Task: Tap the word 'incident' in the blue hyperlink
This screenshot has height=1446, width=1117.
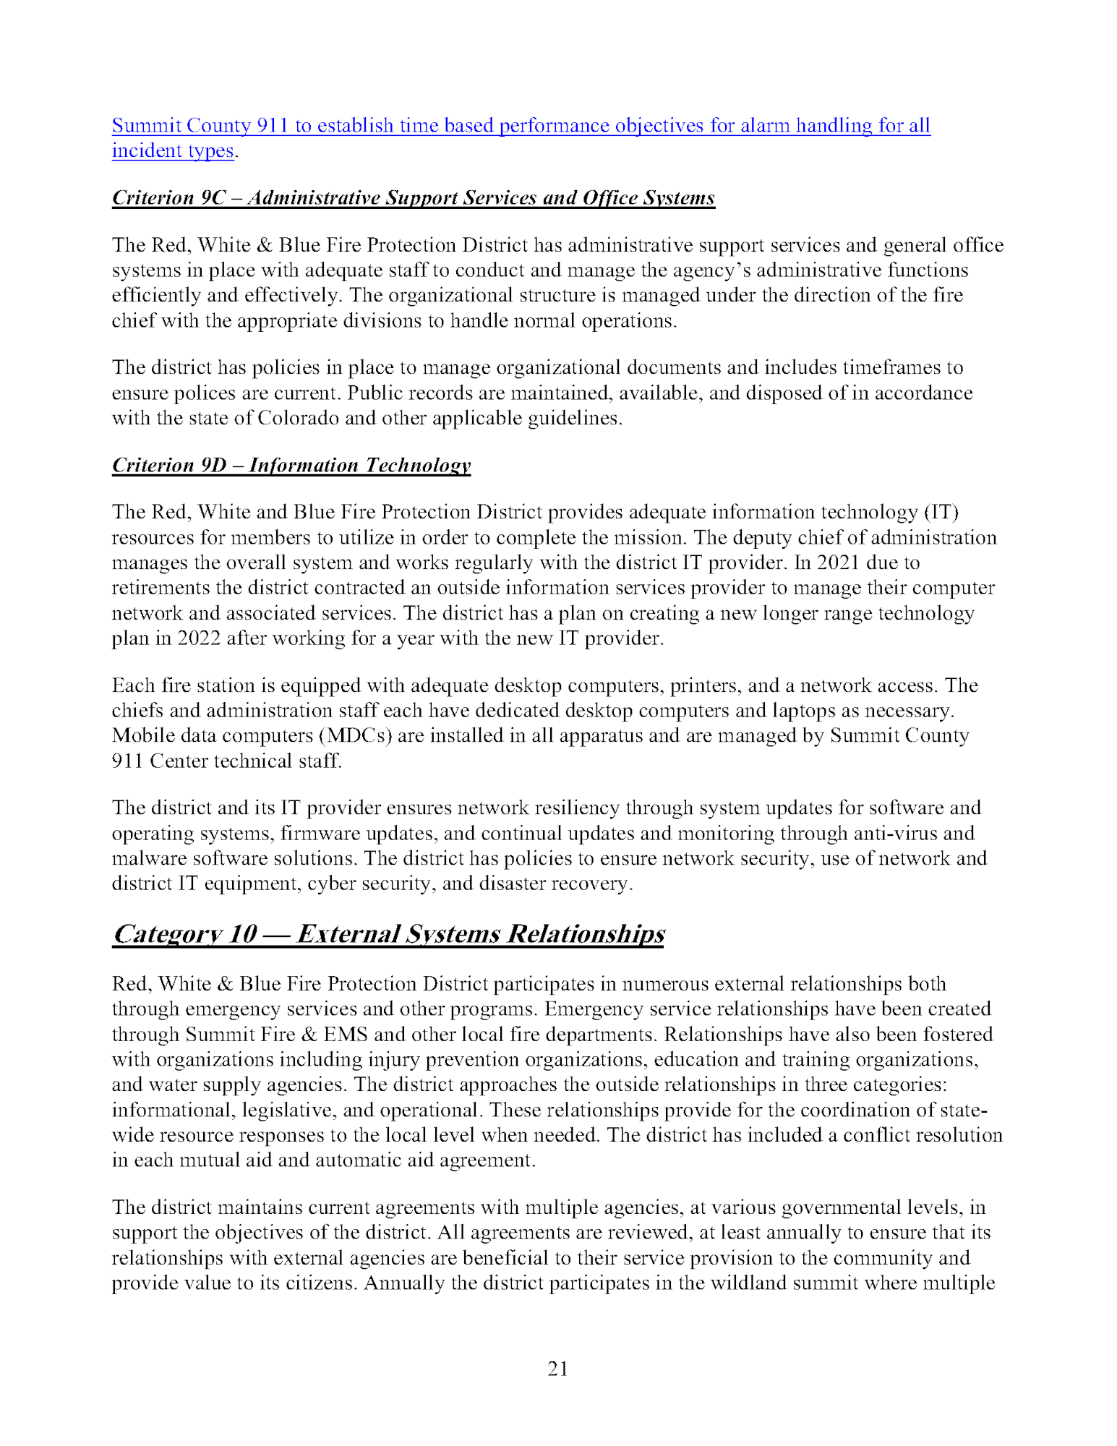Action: pyautogui.click(x=137, y=151)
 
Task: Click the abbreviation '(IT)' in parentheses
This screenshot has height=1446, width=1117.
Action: pyautogui.click(x=941, y=513)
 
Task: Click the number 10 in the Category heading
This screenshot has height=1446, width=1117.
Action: pyautogui.click(x=242, y=934)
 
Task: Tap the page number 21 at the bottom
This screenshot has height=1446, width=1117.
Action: pyautogui.click(x=558, y=1369)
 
